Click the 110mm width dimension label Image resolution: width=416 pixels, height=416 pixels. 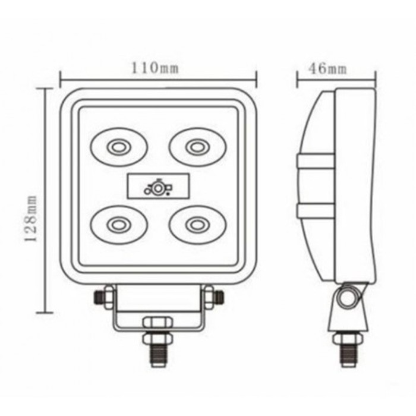click(155, 68)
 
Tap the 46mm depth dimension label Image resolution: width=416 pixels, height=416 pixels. click(327, 69)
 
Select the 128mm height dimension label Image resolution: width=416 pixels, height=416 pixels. click(31, 218)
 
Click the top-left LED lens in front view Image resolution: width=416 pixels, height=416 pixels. click(119, 147)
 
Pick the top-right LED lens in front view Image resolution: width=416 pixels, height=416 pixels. click(197, 147)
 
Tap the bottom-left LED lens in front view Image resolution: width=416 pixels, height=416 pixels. click(119, 225)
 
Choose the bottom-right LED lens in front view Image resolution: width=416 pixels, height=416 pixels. click(197, 225)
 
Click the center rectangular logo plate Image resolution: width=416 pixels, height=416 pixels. click(159, 186)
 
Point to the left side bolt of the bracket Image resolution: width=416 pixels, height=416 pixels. click(104, 297)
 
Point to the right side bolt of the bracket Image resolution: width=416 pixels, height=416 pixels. click(213, 297)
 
